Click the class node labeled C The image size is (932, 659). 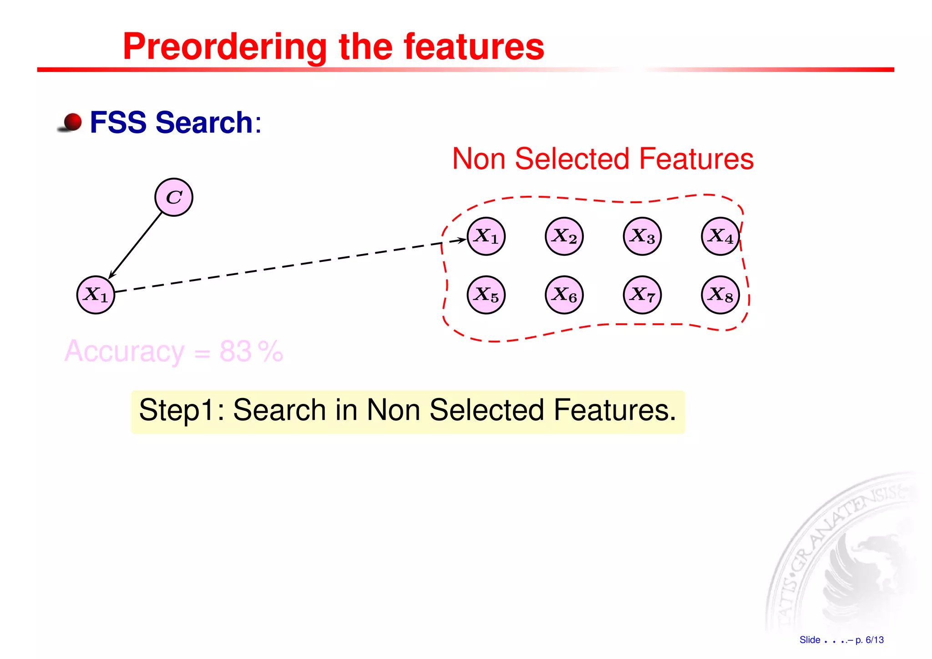point(174,197)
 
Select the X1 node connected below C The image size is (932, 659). point(96,295)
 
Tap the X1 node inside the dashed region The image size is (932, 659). point(486,236)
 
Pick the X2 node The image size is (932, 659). point(564,236)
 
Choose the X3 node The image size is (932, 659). point(642,236)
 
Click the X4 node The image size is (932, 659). point(720,236)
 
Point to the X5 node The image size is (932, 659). point(486,295)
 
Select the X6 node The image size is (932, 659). point(564,295)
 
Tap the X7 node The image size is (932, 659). point(642,295)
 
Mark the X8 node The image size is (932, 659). point(720,295)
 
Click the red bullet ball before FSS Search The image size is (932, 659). point(72,122)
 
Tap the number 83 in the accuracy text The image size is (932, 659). point(235,351)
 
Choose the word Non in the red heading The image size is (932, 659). point(479,159)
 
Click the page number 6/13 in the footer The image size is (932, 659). point(874,640)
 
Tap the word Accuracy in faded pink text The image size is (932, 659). point(124,351)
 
